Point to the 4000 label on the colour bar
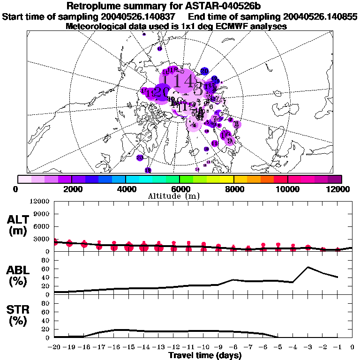(x=126, y=189)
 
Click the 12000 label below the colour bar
(x=339, y=189)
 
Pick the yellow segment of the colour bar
(x=227, y=179)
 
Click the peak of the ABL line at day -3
(x=308, y=267)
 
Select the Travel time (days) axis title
(x=205, y=355)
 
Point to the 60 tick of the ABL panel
(x=46, y=269)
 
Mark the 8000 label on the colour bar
(x=233, y=189)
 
